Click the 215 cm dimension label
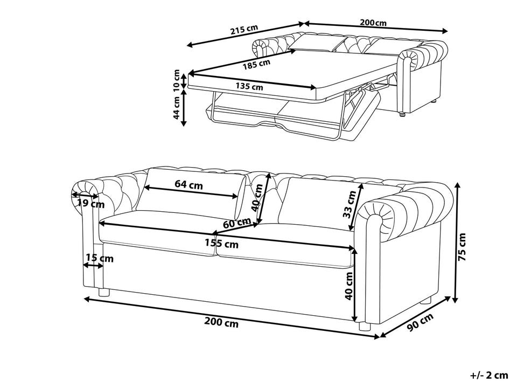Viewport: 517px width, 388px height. tap(244, 30)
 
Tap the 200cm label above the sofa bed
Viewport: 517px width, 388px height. tap(373, 23)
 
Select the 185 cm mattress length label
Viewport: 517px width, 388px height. tap(257, 64)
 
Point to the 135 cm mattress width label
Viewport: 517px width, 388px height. tap(249, 86)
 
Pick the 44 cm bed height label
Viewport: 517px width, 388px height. tap(177, 108)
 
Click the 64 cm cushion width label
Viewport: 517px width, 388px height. tap(188, 185)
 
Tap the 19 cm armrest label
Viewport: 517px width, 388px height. tap(90, 204)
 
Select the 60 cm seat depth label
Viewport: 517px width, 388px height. tap(237, 223)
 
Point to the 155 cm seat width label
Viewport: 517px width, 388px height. tap(221, 244)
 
